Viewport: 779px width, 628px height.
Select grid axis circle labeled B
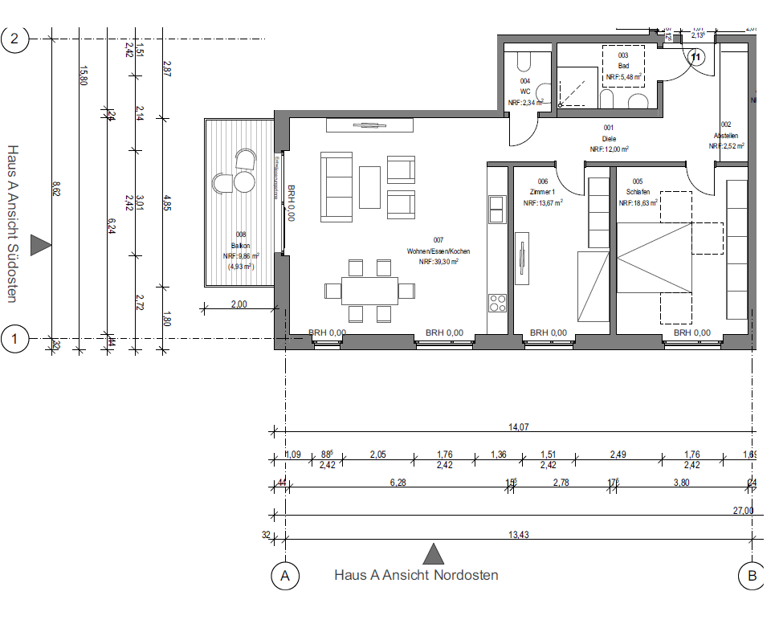point(751,575)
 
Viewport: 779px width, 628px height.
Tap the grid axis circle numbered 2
point(14,38)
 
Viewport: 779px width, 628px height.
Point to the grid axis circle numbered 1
point(14,339)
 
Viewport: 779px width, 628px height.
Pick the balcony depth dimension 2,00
point(239,304)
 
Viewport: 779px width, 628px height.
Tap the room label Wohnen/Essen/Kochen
point(438,251)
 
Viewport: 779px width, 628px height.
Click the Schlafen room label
point(638,193)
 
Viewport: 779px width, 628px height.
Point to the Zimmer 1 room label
point(543,193)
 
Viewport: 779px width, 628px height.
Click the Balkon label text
point(241,246)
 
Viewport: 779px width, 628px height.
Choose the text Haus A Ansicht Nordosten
point(416,575)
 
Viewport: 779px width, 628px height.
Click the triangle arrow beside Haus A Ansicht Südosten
point(40,246)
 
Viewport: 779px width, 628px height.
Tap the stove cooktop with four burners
point(498,304)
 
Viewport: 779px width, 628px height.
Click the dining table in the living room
point(370,289)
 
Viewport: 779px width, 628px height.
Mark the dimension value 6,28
point(398,481)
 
